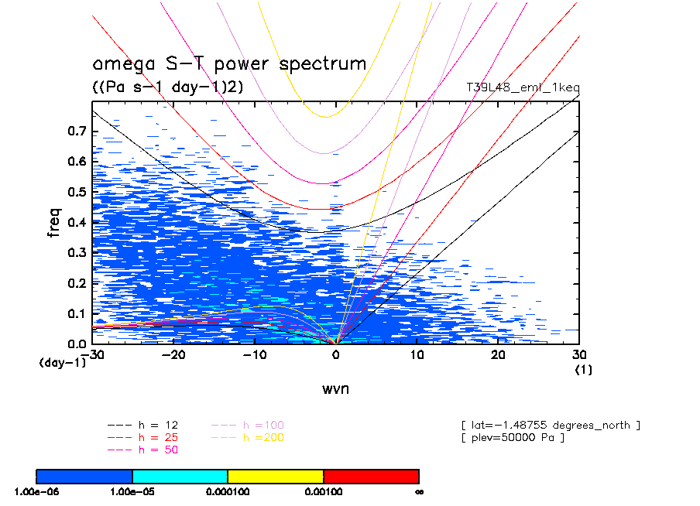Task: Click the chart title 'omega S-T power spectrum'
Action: point(229,64)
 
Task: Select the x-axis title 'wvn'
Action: point(335,388)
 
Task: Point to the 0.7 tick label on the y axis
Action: point(75,131)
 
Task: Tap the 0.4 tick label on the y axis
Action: point(75,222)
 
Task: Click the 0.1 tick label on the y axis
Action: point(75,313)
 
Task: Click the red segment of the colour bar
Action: point(371,476)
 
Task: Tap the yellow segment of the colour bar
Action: point(276,476)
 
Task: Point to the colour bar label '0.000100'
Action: point(228,491)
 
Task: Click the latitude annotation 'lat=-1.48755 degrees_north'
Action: point(550,425)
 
